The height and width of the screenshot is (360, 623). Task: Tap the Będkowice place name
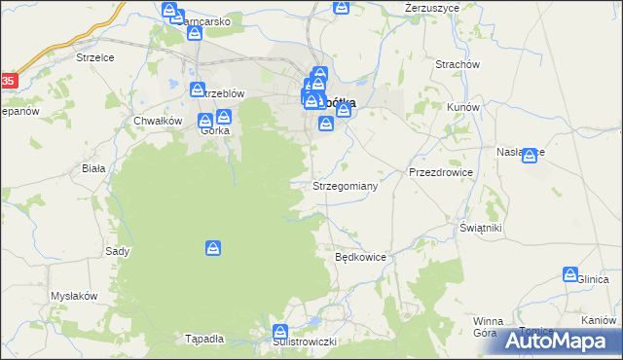tap(361, 258)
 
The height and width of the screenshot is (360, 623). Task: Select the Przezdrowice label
tap(441, 172)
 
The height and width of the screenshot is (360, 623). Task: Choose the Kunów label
tap(462, 107)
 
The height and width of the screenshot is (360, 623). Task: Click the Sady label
tap(118, 251)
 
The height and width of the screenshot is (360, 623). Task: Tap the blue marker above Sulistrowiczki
tap(281, 332)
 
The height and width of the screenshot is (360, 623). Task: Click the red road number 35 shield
tap(8, 81)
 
